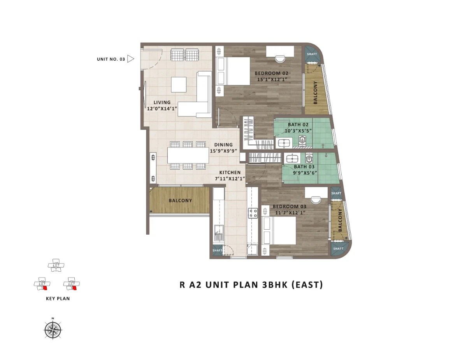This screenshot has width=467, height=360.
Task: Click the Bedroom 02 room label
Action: pyautogui.click(x=271, y=73)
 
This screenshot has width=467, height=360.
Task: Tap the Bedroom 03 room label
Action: pyautogui.click(x=289, y=206)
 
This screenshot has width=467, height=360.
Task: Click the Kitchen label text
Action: pyautogui.click(x=230, y=172)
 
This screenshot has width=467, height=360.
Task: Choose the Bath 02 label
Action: pyautogui.click(x=298, y=125)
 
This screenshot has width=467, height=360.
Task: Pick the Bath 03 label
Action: pyautogui.click(x=304, y=167)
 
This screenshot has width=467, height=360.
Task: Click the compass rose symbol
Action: pyautogui.click(x=53, y=330)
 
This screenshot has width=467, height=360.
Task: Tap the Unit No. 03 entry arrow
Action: pyautogui.click(x=131, y=59)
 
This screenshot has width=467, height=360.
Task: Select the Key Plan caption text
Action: pyautogui.click(x=58, y=299)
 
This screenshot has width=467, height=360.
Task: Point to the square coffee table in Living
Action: pyautogui.click(x=179, y=84)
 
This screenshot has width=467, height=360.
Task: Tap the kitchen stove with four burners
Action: pyautogui.click(x=253, y=213)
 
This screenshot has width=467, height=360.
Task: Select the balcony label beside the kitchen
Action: pyautogui.click(x=180, y=200)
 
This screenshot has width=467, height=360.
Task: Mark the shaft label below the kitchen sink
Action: pyautogui.click(x=217, y=251)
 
